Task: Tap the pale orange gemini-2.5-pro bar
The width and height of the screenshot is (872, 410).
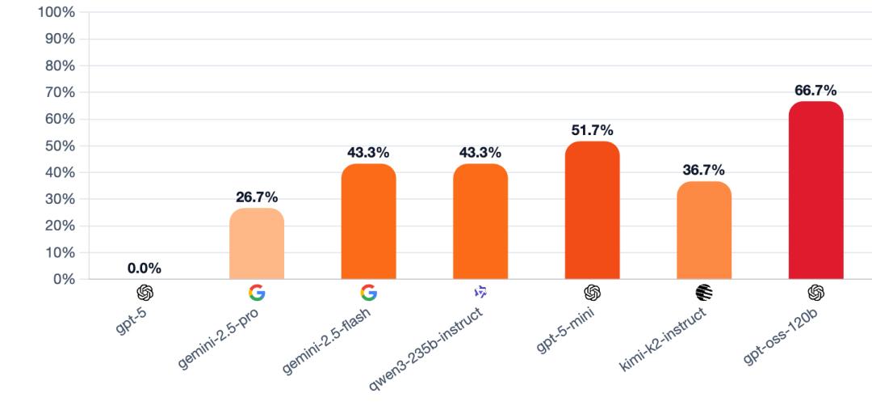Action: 257,243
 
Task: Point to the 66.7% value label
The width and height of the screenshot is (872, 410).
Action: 815,91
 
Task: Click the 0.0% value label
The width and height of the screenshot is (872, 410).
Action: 145,268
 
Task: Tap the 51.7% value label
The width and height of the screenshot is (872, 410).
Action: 592,130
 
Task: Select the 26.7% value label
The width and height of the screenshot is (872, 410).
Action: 257,197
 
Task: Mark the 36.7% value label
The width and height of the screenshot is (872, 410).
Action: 703,171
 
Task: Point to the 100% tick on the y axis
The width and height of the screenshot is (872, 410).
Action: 57,13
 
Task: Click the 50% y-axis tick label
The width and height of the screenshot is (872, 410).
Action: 60,146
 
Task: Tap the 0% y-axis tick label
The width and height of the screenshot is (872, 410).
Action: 63,280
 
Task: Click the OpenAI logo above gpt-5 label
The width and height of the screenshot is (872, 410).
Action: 145,293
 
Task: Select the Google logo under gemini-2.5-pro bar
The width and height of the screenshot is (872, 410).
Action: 257,293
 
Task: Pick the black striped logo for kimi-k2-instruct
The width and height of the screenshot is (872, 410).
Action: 703,293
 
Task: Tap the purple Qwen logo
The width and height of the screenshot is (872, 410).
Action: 480,292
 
